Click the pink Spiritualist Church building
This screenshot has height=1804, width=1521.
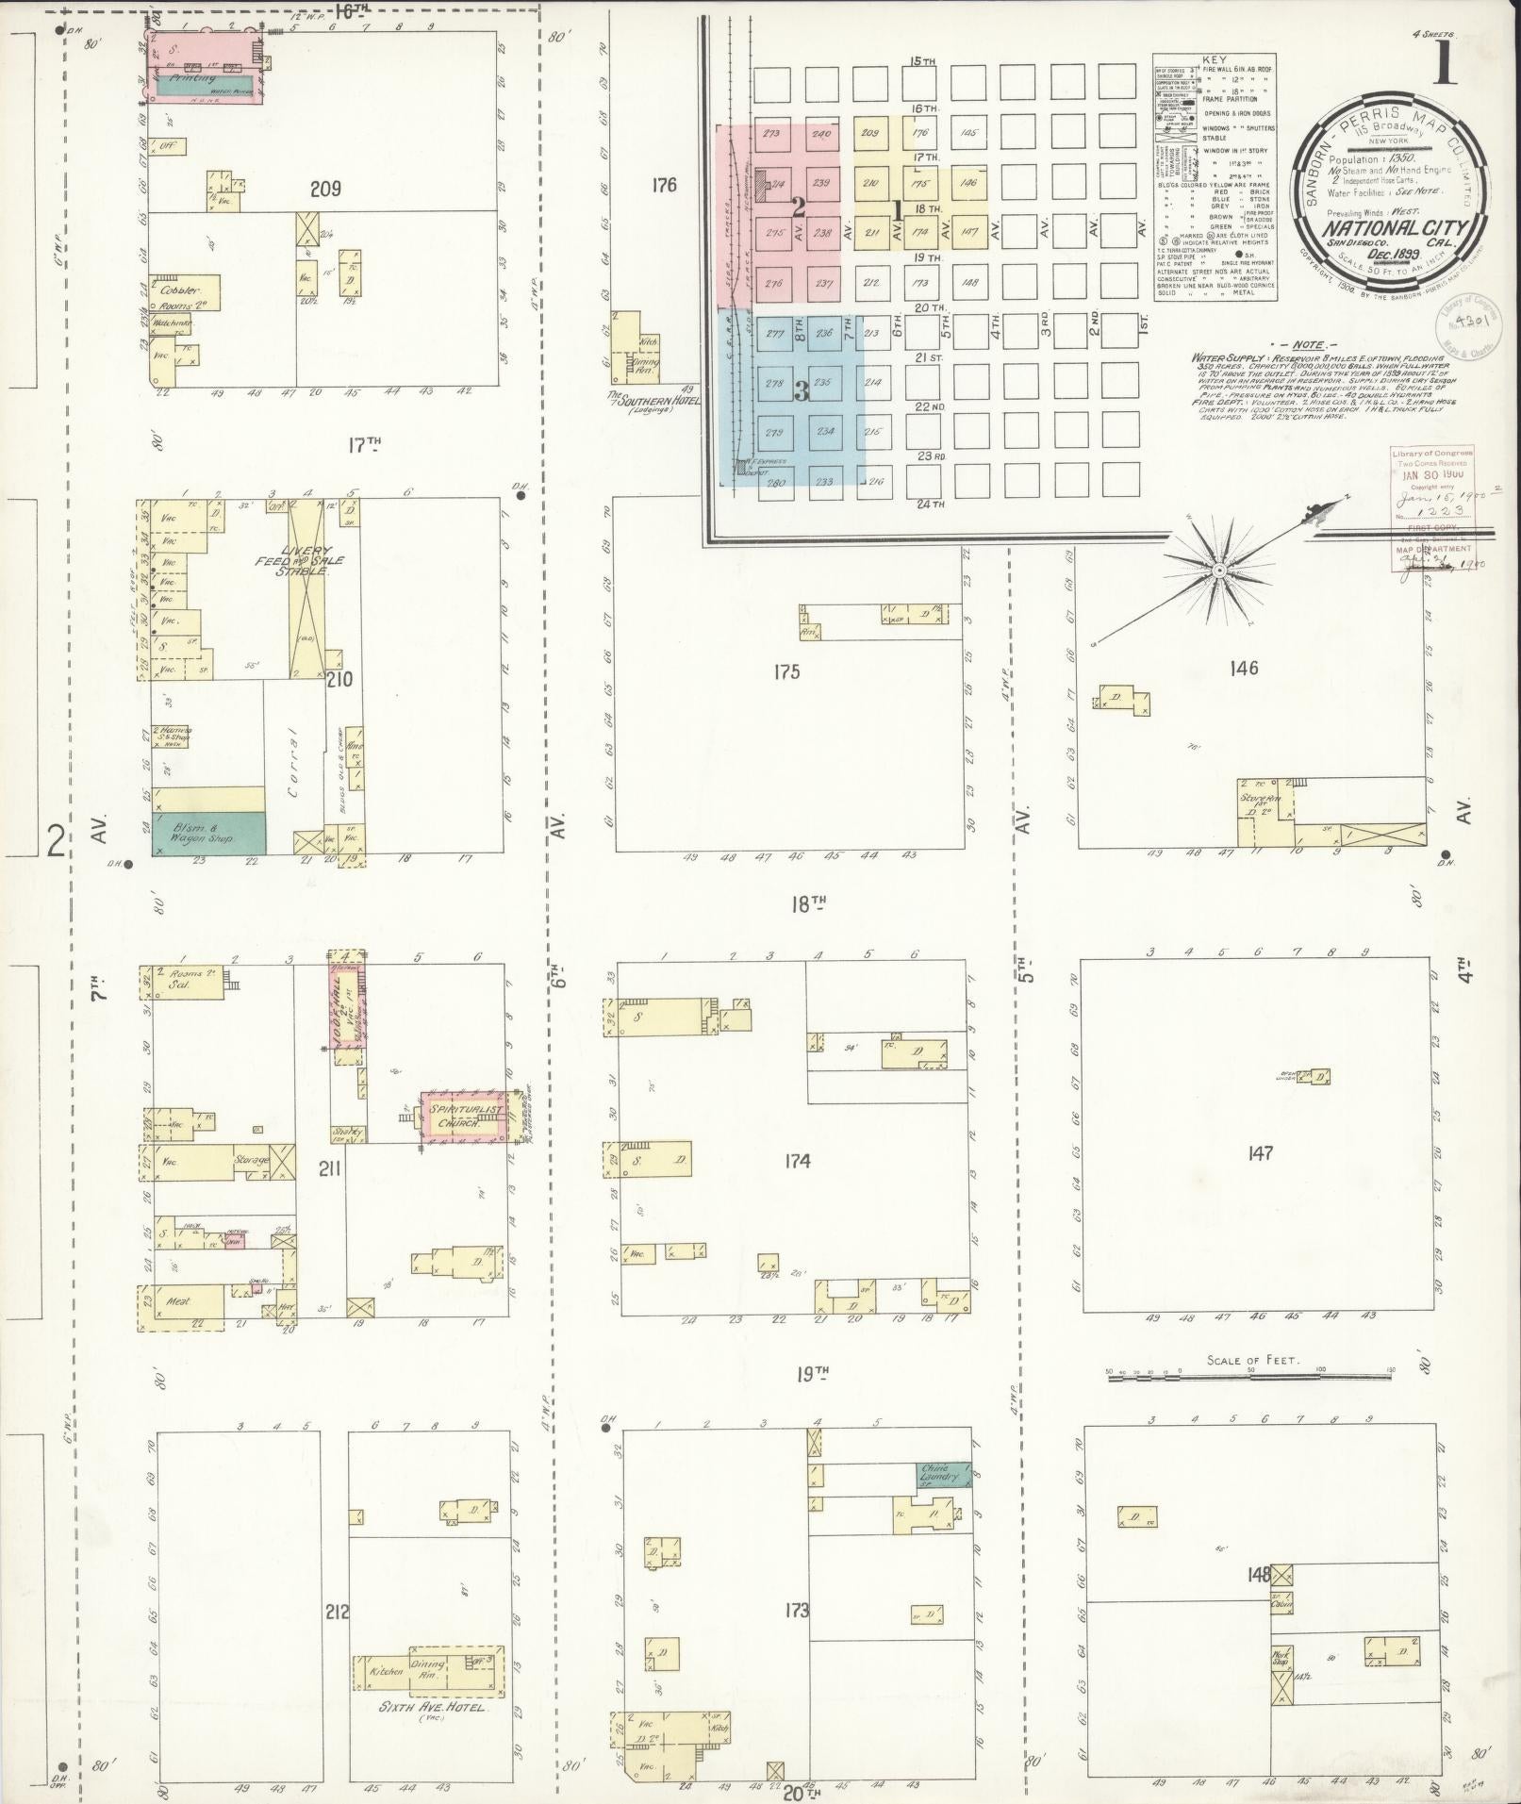pos(463,1117)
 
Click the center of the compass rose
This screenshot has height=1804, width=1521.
pos(1218,571)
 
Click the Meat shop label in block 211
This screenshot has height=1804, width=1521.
pos(178,1301)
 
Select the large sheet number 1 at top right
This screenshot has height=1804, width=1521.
pos(1445,68)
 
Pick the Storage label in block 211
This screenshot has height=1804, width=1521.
pos(253,1159)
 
